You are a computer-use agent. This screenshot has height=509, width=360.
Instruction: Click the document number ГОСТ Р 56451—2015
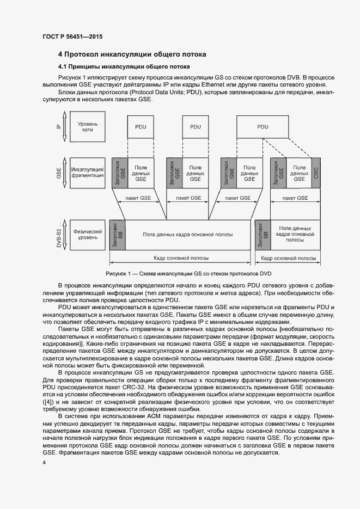pyautogui.click(x=72, y=37)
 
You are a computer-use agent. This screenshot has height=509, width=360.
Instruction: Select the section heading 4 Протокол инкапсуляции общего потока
pyautogui.click(x=132, y=55)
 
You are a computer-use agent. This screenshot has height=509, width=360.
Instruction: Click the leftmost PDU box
pyautogui.click(x=141, y=127)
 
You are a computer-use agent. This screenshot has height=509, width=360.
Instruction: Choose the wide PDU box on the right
pyautogui.click(x=263, y=127)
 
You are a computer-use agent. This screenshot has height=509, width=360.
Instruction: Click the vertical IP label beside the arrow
pyautogui.click(x=59, y=126)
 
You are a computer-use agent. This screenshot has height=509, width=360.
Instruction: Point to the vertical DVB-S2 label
pyautogui.click(x=59, y=234)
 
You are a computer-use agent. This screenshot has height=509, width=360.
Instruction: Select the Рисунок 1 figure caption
pyautogui.click(x=188, y=273)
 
